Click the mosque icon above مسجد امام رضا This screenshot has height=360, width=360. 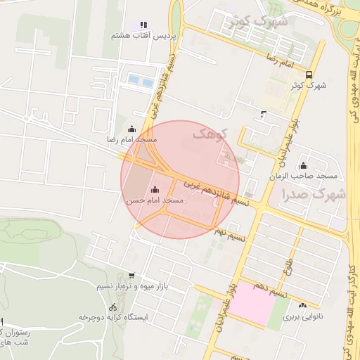coord(132,129)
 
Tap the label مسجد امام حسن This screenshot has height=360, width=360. coord(154,200)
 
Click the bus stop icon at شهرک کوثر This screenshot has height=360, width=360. coord(309,74)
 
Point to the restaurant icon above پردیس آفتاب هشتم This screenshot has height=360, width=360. coord(144,25)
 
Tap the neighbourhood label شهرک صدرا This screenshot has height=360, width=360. coord(312,193)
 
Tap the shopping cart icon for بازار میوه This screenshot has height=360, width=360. coord(131,276)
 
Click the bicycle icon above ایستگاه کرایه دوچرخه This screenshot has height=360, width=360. coord(113,307)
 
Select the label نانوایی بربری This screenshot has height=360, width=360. coord(302,318)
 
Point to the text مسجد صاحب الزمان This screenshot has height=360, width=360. coord(307,174)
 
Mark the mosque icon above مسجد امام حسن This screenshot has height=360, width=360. coord(155,189)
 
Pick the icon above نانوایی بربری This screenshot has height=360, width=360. coord(303,306)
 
